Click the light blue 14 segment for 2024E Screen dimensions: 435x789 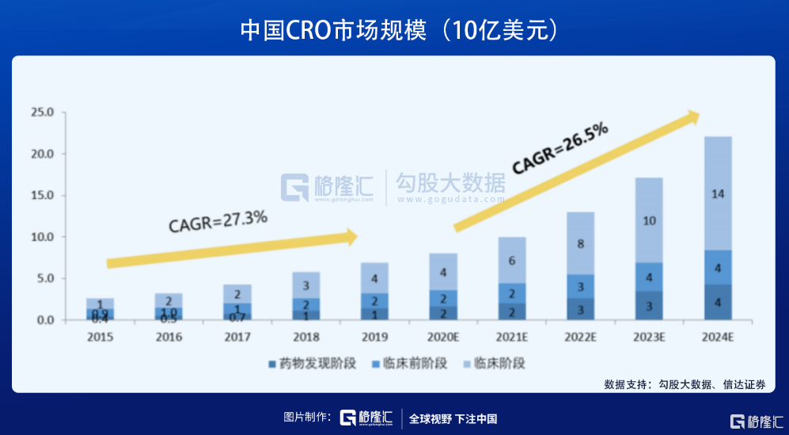point(717,193)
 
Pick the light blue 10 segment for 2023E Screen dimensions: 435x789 point(649,220)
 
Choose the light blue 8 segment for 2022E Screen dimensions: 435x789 point(581,244)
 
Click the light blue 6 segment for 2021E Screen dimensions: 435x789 point(513,260)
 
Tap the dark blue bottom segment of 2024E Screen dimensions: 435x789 point(717,302)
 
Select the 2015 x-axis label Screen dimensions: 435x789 point(101,337)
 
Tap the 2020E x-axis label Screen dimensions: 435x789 point(443,337)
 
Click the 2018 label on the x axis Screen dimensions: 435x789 point(305,337)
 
